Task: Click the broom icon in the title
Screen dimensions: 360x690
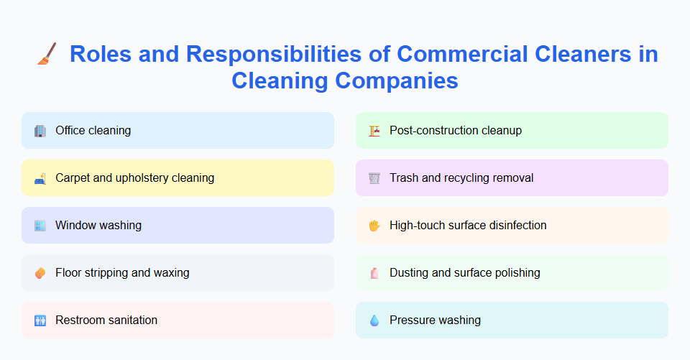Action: point(47,54)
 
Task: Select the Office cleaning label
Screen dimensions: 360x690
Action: point(93,131)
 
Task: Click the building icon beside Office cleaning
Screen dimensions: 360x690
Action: point(40,131)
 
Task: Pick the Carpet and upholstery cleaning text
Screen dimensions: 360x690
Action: point(134,177)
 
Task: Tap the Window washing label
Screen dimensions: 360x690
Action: point(98,225)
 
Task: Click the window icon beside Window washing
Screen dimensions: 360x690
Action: point(40,226)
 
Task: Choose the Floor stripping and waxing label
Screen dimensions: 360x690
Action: point(122,272)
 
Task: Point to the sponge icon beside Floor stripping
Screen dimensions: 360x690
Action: point(40,273)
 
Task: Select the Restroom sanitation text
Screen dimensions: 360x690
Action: point(106,320)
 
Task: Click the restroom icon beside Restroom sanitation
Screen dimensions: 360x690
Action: point(40,320)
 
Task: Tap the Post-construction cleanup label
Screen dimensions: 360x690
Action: point(456,131)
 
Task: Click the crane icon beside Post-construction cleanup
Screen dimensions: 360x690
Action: point(374,131)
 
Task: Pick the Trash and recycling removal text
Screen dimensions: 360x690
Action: point(461,177)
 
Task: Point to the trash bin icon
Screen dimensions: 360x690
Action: point(374,178)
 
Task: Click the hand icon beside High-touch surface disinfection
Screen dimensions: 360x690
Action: point(374,226)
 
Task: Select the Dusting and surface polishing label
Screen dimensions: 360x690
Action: point(465,272)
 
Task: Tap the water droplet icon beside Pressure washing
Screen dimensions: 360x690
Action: point(374,320)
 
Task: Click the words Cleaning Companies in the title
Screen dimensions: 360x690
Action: point(345,80)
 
